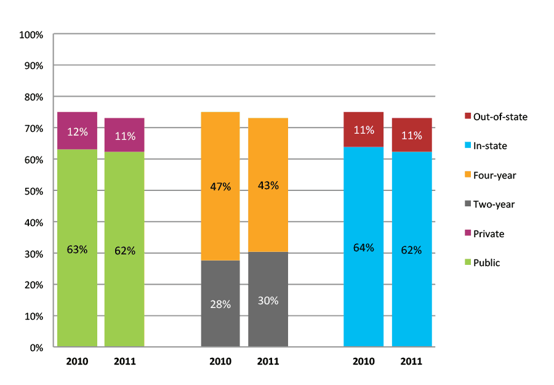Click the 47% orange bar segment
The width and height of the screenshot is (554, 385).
tap(220, 186)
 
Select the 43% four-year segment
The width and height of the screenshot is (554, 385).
tap(268, 185)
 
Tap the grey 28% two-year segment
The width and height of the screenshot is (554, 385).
tap(220, 304)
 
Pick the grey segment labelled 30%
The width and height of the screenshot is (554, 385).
tap(268, 300)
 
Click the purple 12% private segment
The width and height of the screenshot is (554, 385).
tap(78, 131)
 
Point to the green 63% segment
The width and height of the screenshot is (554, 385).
tap(78, 249)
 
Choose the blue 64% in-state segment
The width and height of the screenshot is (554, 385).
tap(363, 248)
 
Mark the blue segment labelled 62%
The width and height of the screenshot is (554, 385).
tap(411, 250)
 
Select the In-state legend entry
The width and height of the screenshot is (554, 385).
tap(490, 146)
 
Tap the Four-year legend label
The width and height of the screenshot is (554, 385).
tap(494, 176)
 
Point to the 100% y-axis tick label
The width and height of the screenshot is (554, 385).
tap(31, 34)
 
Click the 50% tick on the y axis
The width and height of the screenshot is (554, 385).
tap(33, 191)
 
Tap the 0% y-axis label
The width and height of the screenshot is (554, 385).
tap(36, 347)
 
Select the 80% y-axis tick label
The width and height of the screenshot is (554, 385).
tap(33, 97)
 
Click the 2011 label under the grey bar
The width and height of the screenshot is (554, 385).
tap(268, 362)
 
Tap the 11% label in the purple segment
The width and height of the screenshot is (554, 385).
tap(125, 136)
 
